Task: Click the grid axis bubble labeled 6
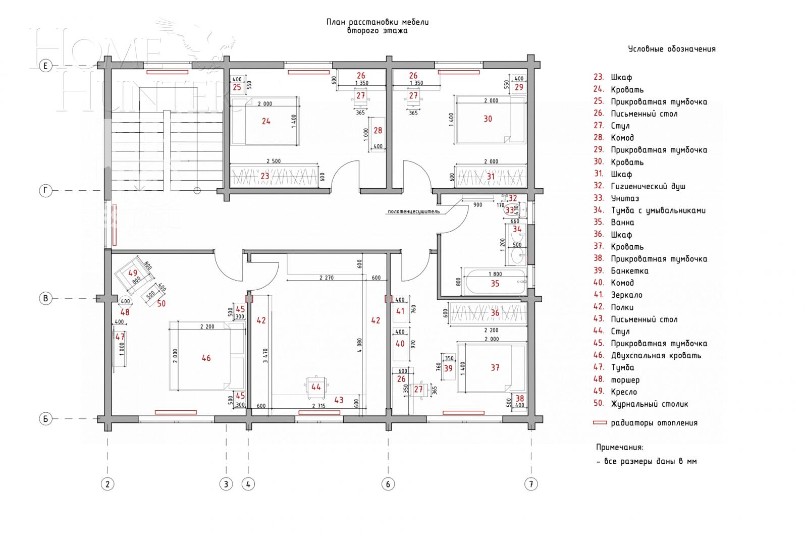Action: [x=388, y=484]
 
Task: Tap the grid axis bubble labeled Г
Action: [x=45, y=191]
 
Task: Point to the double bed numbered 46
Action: [x=206, y=358]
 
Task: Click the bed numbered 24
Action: [x=266, y=121]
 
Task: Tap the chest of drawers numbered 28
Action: [x=378, y=131]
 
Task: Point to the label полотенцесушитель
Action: [x=413, y=211]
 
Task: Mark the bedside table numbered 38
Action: [x=519, y=399]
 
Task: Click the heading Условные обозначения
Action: [x=671, y=49]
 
